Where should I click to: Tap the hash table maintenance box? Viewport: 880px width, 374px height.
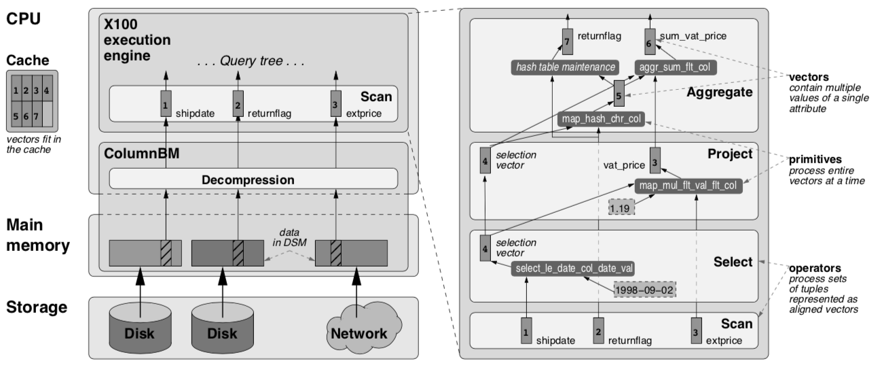565,67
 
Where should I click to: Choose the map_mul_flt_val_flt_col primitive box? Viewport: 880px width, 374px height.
686,184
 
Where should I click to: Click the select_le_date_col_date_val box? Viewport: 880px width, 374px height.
574,268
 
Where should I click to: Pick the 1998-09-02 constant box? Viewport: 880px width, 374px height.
645,289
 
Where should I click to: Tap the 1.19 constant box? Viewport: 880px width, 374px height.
620,207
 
